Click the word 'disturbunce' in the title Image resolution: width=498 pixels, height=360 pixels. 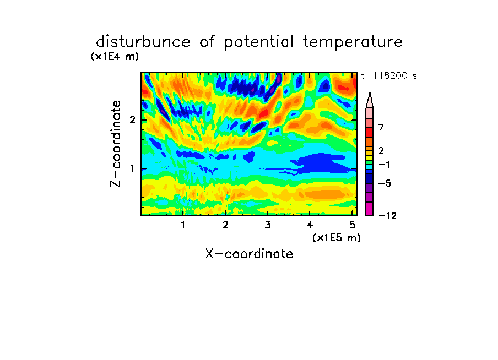tap(143, 42)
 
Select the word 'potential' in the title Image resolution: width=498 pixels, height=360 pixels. tap(259, 42)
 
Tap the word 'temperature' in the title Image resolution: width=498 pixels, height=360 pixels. tap(353, 42)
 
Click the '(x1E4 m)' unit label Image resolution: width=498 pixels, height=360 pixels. tap(115, 57)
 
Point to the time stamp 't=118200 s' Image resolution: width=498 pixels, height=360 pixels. tap(389, 75)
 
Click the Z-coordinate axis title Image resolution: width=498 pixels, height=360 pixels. tap(116, 144)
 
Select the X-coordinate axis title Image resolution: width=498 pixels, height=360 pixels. tap(249, 254)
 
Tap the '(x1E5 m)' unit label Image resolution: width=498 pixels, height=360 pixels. tap(337, 238)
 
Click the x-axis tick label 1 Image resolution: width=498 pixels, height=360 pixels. tap(183, 225)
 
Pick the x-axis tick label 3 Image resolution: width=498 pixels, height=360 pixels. tap(268, 225)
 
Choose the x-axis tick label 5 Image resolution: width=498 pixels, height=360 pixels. tap(352, 225)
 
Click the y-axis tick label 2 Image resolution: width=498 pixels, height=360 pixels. tap(132, 120)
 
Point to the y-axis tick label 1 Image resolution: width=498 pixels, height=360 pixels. tap(132, 168)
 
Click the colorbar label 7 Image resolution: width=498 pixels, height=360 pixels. tap(381, 128)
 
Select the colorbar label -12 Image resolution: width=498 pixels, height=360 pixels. tap(387, 216)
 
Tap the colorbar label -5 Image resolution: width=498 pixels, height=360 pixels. tap(385, 183)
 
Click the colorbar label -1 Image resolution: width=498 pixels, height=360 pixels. tap(384, 165)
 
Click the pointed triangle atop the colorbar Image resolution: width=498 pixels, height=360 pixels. tap(370, 100)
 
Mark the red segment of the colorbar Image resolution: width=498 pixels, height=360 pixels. tap(370, 132)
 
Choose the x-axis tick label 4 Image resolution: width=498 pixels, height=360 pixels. tap(310, 225)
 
